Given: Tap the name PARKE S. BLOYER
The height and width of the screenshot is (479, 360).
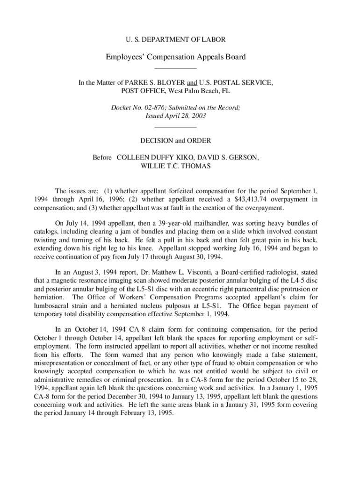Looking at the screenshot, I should coord(152,82).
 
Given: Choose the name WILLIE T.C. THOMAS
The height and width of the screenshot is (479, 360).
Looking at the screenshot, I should coord(176,166).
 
